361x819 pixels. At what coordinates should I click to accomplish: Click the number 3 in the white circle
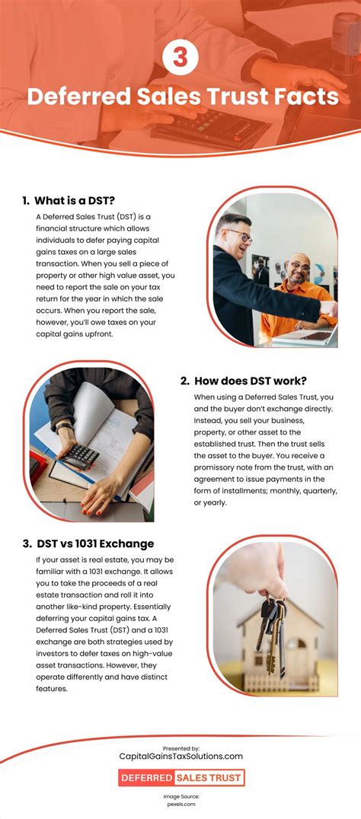click(x=180, y=58)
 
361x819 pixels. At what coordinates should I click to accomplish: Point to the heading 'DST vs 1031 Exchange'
click(x=88, y=543)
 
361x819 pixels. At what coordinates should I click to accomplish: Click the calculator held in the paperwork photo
click(x=78, y=457)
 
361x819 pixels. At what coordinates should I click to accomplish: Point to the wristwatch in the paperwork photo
click(x=64, y=428)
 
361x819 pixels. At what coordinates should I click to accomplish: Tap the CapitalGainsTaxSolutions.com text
click(x=180, y=756)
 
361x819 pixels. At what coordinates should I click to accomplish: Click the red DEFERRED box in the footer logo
click(x=146, y=778)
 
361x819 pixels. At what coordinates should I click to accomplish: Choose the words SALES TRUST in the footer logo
click(x=209, y=778)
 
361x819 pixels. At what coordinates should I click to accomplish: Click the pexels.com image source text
click(x=180, y=805)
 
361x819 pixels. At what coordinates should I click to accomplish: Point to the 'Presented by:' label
click(x=180, y=748)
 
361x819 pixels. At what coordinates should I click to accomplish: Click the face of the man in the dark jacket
click(x=237, y=236)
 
